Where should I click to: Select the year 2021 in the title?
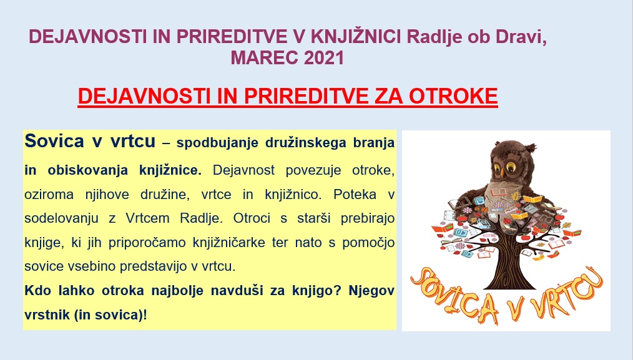(323, 58)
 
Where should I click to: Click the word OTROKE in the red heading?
(453, 96)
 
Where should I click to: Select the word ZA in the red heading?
(389, 96)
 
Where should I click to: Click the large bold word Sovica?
(54, 141)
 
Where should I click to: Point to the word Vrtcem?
(147, 218)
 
